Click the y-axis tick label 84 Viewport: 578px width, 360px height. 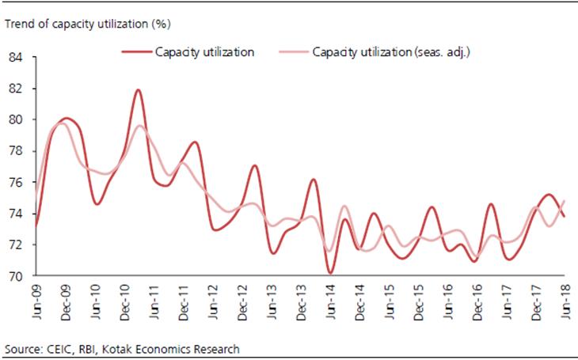[16, 58]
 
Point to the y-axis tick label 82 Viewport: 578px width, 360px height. [16, 89]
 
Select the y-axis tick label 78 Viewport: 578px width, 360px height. [16, 151]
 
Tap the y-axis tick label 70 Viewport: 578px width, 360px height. [16, 276]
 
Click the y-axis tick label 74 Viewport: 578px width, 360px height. [16, 214]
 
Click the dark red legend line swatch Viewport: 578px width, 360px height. [135, 53]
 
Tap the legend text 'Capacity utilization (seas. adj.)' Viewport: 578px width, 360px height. [392, 52]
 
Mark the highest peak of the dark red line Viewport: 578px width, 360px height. [139, 89]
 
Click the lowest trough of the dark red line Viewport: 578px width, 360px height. [329, 273]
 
